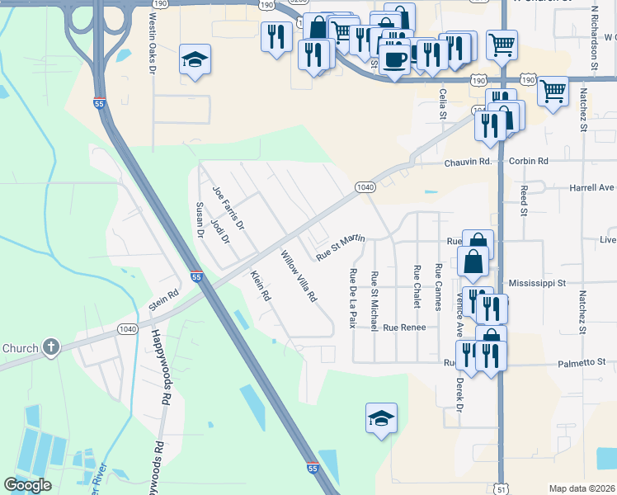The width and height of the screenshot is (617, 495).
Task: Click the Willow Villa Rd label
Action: pos(299,277)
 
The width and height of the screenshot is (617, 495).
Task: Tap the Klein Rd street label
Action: pos(261,285)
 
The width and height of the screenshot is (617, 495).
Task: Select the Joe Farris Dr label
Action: pos(228,207)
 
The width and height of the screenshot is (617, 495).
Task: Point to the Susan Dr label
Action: pos(199,220)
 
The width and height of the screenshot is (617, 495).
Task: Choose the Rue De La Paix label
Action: pos(353,298)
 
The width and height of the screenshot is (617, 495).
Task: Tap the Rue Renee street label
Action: pos(404,328)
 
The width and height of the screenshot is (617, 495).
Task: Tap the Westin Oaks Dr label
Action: pos(153,42)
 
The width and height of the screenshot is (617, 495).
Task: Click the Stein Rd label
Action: pos(163,299)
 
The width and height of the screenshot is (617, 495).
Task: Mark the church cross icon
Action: pos(51,347)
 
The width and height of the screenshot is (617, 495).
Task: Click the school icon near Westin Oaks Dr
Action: pos(195,59)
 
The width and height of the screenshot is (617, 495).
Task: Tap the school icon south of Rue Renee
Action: pos(381,417)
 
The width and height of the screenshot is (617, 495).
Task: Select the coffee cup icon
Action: pos(395,59)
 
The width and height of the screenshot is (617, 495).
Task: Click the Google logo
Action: pos(28,485)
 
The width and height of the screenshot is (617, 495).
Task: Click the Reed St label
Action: pos(524,200)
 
